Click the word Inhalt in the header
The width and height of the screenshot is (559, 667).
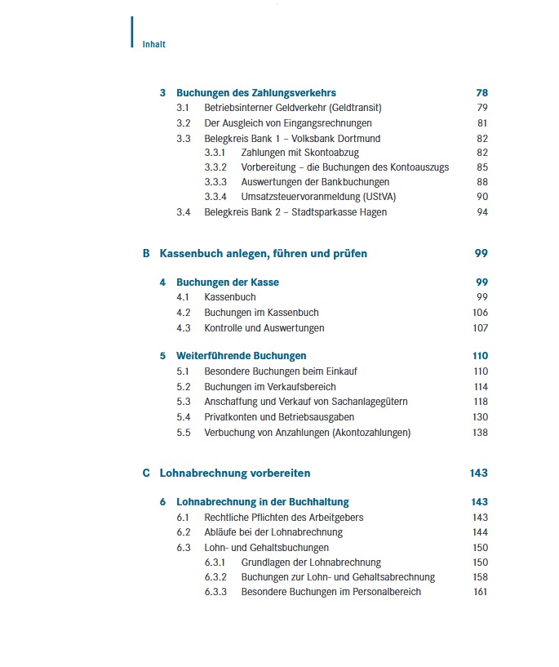[x=153, y=44]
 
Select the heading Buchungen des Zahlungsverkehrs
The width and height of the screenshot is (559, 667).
[x=256, y=93]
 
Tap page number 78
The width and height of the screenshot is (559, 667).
[x=481, y=93]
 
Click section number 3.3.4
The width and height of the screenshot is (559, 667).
[x=215, y=197]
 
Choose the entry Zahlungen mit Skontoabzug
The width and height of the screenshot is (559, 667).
[x=300, y=153]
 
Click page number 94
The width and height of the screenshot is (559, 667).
[x=481, y=212]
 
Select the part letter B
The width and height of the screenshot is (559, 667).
[x=146, y=254]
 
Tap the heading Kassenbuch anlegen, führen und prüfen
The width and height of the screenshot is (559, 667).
[x=264, y=254]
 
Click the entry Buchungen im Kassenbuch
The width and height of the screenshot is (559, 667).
[x=261, y=313]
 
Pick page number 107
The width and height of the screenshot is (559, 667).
[x=480, y=328]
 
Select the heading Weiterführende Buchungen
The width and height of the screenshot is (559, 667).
[x=242, y=356]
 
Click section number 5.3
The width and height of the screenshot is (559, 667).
[x=184, y=402]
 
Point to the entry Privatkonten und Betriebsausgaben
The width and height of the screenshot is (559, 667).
[x=279, y=417]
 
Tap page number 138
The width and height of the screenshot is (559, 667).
[x=480, y=433]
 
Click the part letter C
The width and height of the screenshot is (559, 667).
[x=146, y=474]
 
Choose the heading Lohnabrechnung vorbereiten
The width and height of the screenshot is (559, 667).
[x=235, y=474]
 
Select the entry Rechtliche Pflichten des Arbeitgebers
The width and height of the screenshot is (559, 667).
[x=284, y=518]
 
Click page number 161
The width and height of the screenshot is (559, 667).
[x=480, y=592]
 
